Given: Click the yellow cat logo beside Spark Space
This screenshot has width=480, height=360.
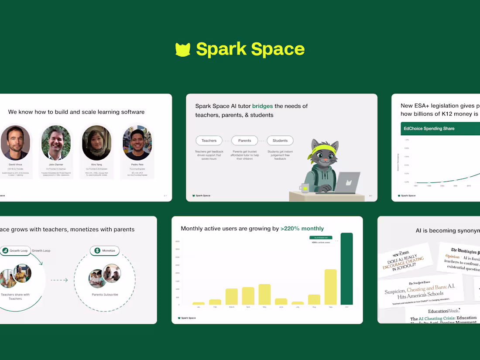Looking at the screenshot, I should point(183,49).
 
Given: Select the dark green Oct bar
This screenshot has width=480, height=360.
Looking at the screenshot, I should point(346,269).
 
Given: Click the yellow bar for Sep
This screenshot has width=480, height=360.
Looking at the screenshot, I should point(330,287).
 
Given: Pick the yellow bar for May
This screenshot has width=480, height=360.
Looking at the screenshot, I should point(264,294).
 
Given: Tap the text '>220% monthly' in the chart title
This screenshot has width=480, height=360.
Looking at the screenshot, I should point(302,228).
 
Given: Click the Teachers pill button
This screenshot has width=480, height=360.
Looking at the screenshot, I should point(209,141).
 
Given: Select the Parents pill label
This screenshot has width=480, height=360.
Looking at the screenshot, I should point(245,141).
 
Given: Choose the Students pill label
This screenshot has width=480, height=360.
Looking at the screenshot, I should point(280,141).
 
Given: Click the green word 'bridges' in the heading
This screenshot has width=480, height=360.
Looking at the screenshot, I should point(262,106).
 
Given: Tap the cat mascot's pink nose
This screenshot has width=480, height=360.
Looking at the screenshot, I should point(325,160).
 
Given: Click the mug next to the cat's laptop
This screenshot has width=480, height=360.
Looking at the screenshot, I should point(304,188).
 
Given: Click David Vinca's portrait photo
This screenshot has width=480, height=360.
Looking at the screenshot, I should point(15,143).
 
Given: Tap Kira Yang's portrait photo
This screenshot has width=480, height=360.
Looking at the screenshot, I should point(96,143).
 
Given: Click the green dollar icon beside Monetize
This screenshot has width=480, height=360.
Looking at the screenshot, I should point(96,250).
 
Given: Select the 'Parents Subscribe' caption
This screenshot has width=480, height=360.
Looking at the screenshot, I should point(105,295).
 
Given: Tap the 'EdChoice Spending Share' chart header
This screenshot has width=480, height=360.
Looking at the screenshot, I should point(429,129).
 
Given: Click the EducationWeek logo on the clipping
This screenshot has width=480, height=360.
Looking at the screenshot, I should point(443,311).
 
